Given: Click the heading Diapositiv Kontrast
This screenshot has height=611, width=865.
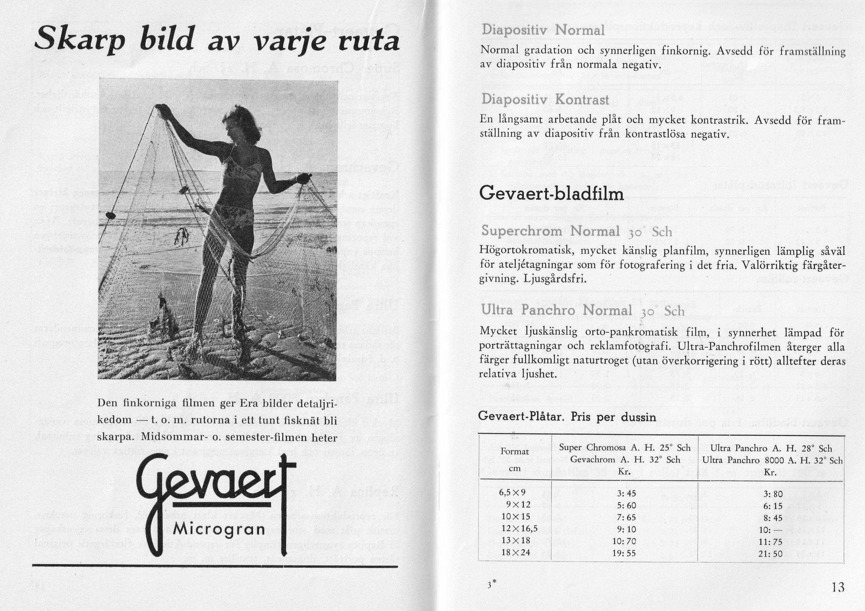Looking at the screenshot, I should pyautogui.click(x=545, y=99).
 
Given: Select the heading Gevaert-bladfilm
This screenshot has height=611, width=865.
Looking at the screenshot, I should pyautogui.click(x=551, y=194).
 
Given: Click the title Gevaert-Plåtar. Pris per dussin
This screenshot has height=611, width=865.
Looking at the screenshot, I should pyautogui.click(x=567, y=417).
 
